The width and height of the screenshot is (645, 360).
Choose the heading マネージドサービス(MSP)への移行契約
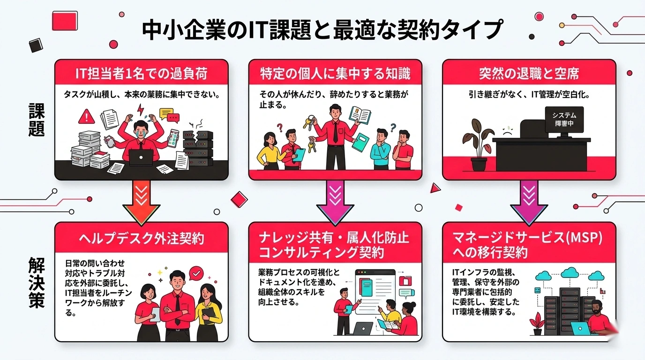click(529, 245)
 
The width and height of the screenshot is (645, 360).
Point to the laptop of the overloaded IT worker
click(141, 158)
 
